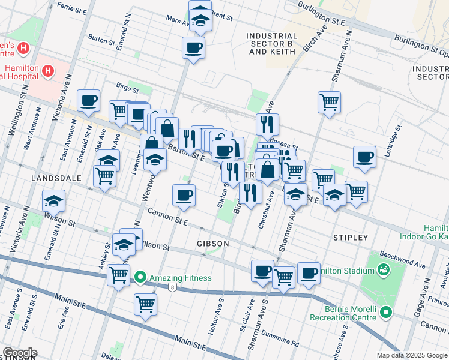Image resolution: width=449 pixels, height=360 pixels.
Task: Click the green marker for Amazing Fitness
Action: (140, 277)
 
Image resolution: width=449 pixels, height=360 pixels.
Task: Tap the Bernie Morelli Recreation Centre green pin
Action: (386, 312)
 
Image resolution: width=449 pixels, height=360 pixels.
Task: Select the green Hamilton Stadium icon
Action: (383, 271)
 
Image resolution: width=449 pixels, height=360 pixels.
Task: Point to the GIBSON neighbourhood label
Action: (212, 244)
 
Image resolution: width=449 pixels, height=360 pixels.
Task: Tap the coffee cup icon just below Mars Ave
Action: (193, 48)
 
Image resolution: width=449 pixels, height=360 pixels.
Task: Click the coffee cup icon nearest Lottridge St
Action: (364, 157)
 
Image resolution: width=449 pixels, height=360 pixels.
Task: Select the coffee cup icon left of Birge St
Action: (88, 100)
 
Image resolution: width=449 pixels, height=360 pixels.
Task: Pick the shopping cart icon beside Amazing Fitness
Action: (118, 275)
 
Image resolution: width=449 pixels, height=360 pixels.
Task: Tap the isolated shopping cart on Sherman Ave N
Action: (329, 102)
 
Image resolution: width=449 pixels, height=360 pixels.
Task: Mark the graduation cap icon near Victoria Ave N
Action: (54, 201)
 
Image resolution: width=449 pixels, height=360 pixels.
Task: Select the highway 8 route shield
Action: (173, 287)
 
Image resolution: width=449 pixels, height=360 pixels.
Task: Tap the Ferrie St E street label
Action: (71, 8)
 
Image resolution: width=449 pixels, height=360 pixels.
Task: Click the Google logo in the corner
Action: (20, 353)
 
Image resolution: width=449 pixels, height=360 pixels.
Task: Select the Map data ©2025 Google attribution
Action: (411, 355)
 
